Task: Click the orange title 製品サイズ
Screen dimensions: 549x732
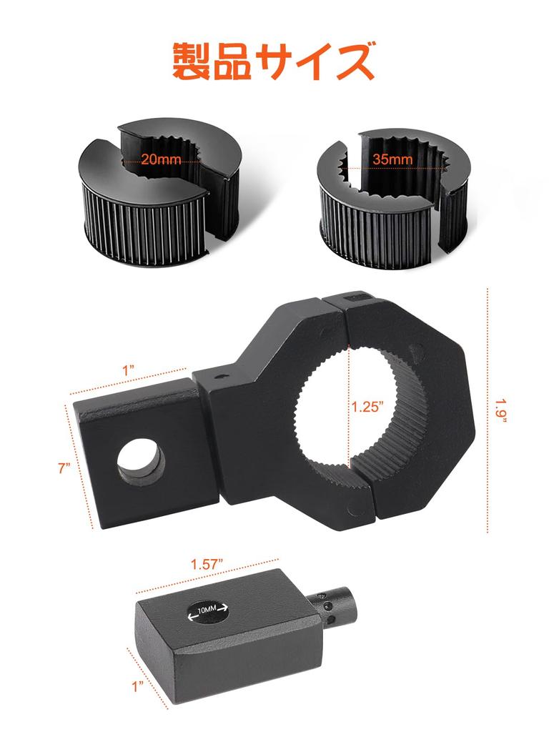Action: (x=274, y=61)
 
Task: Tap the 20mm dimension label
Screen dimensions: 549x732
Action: (x=161, y=159)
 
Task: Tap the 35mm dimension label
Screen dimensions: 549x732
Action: (x=392, y=159)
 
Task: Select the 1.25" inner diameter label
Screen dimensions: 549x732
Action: (x=368, y=406)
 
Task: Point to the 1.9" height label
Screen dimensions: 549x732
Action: (x=501, y=411)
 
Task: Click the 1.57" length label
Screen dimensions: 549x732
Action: (x=205, y=564)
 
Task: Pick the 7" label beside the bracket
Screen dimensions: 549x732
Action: (x=64, y=468)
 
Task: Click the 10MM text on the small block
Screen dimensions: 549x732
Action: (x=207, y=610)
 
